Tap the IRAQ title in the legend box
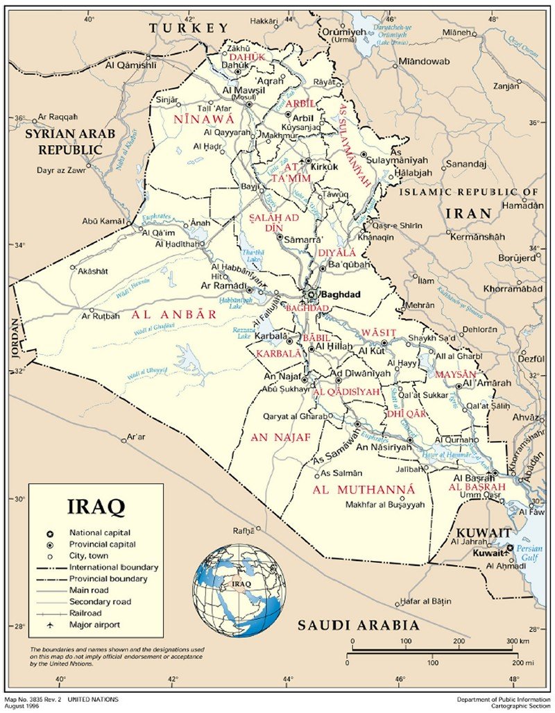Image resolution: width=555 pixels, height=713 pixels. click(96, 506)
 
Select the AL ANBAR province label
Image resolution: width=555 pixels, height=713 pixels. click(173, 314)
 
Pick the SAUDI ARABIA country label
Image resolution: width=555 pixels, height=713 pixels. click(358, 626)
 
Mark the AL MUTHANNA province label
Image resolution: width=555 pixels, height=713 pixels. click(364, 490)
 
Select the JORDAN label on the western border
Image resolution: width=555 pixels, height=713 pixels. click(16, 338)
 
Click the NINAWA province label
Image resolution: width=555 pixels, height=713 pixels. click(197, 119)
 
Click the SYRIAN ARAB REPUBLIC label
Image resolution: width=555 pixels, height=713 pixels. click(70, 141)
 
